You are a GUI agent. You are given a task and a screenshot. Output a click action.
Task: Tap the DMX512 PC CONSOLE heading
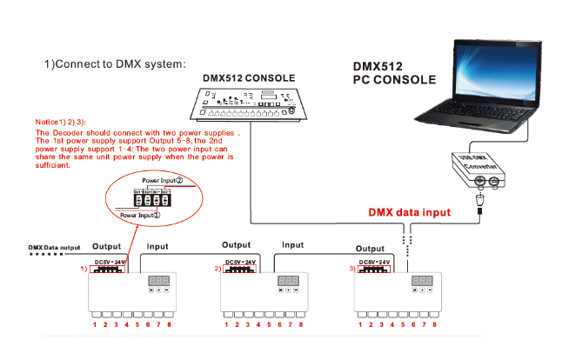(x=394, y=73)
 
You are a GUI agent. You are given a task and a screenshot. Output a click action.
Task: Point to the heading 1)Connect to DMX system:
(x=115, y=64)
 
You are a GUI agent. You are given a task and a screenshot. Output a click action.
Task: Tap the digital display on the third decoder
(x=423, y=281)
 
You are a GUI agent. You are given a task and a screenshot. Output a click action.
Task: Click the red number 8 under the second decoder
(x=300, y=324)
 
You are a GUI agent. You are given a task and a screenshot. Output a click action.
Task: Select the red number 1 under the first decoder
(x=95, y=324)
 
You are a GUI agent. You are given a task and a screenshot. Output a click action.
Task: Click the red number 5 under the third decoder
(x=405, y=324)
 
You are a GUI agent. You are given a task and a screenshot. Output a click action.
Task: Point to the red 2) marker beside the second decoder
(x=217, y=269)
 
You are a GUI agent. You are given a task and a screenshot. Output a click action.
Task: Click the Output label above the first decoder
(x=107, y=246)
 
